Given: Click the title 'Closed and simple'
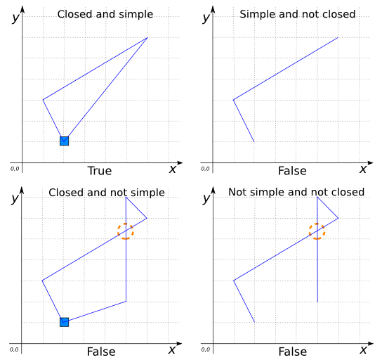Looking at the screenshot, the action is [x=105, y=14].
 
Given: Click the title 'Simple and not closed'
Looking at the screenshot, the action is [x=298, y=14].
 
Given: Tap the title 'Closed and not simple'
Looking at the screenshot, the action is [x=107, y=193].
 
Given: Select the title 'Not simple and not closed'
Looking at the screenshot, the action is [x=296, y=192].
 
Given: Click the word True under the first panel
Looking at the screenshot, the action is [x=100, y=171].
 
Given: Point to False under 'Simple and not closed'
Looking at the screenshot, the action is [x=292, y=171].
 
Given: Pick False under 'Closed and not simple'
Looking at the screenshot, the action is [x=101, y=352].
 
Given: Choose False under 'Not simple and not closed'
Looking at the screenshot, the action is [x=293, y=352].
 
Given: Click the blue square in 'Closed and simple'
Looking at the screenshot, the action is [x=65, y=141].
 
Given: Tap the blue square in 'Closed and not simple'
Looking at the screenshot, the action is [x=65, y=322].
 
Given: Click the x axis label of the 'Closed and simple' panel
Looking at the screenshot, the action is [x=173, y=169].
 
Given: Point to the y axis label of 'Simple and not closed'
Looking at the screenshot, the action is [x=206, y=17].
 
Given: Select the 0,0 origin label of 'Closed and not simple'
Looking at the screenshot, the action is [x=14, y=349].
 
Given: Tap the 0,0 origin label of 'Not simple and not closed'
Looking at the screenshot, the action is [x=206, y=349].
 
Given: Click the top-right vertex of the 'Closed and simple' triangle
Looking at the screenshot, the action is [x=147, y=37].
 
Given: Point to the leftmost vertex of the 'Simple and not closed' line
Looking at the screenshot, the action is [x=233, y=100].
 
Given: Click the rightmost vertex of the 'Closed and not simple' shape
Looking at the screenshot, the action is [x=147, y=218].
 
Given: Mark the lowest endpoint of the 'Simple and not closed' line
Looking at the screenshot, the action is [x=254, y=141].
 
